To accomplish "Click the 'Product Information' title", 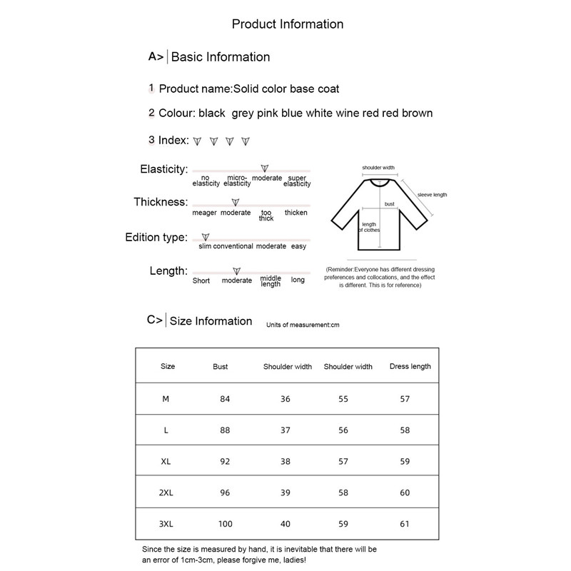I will coord(288,24).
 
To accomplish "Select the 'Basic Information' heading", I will coord(220,57).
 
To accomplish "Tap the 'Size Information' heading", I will coord(211,321).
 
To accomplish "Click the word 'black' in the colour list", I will coord(212,113).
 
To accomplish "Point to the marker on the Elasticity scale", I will coord(265,168).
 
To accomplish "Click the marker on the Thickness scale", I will coord(236,203).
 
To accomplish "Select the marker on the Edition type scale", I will coord(206,236).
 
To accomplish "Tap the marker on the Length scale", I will coord(236,271).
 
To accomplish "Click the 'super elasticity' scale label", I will coord(297,181).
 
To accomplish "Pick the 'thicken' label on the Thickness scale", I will coord(296,213).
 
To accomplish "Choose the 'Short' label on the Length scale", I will coord(201,281).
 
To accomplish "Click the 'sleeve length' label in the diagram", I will coord(432,195).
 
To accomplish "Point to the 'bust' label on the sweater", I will coord(390,204).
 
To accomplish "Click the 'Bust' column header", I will coord(221,366).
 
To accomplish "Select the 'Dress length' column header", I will coord(410,366).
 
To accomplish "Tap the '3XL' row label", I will coord(166,524).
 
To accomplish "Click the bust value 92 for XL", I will coord(225,461).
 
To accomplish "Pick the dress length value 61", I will coord(405,524).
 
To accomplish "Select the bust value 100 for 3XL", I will coord(226,524).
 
